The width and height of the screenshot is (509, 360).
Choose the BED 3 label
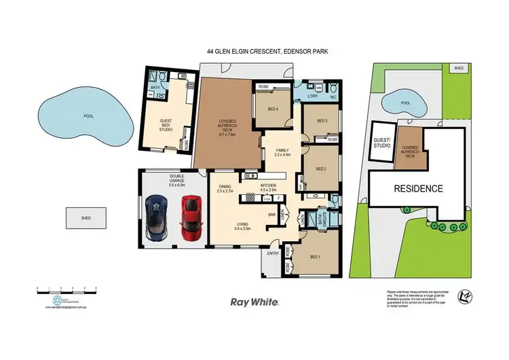[x=322, y=121]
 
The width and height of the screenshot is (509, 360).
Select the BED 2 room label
[x=322, y=168]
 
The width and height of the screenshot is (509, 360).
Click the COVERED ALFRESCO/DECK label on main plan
[x=227, y=129]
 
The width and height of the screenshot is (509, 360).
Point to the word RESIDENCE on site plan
[x=416, y=189]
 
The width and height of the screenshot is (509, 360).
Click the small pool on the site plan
[x=403, y=104]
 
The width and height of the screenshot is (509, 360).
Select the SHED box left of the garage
[x=86, y=218]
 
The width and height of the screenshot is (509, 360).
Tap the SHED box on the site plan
[x=459, y=69]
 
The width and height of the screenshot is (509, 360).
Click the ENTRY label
[x=273, y=253]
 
